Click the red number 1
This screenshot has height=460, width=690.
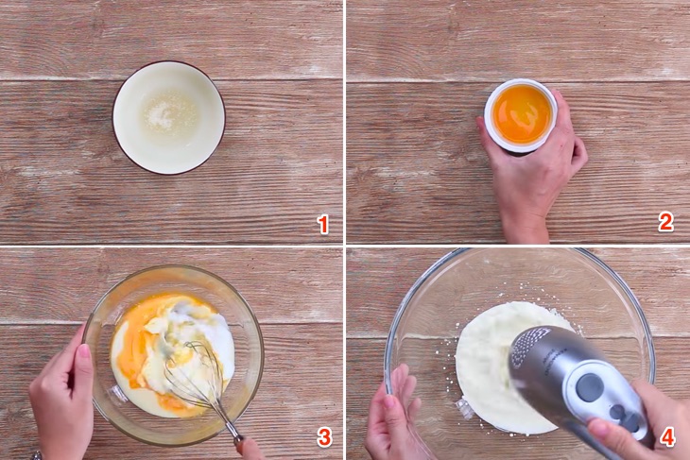point(323,225)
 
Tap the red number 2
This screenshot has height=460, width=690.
point(665,222)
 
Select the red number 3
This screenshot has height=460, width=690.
point(324,437)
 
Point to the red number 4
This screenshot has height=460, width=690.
point(667,437)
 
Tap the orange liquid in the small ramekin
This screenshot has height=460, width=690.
point(522,114)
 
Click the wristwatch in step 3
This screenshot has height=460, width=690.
point(37,455)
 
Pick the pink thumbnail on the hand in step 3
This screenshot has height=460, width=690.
point(84,351)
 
